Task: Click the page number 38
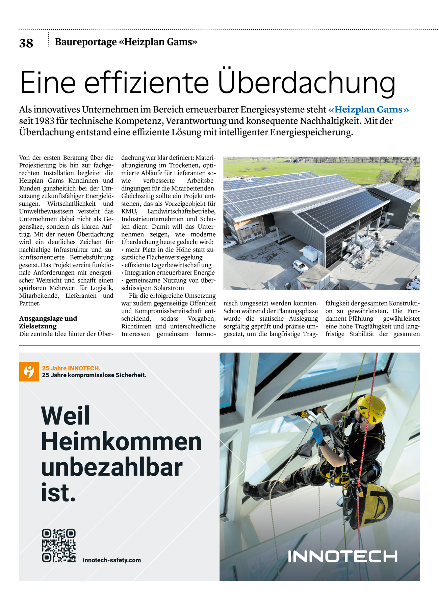tap(26, 43)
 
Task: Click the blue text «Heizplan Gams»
tap(368, 110)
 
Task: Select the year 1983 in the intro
tap(44, 121)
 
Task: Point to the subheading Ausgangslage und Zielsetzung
tap(48, 322)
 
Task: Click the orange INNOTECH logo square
tap(29, 372)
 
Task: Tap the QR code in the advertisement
tap(58, 545)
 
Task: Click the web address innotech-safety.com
tap(111, 560)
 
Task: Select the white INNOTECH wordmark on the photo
tap(342, 556)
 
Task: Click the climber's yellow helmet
tap(372, 408)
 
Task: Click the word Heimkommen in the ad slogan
tap(121, 441)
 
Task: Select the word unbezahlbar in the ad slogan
tap(111, 467)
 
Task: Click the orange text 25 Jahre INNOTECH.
tap(71, 368)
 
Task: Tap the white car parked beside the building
tap(300, 266)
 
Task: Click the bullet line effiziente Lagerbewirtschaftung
tap(167, 265)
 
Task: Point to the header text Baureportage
tap(85, 42)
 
